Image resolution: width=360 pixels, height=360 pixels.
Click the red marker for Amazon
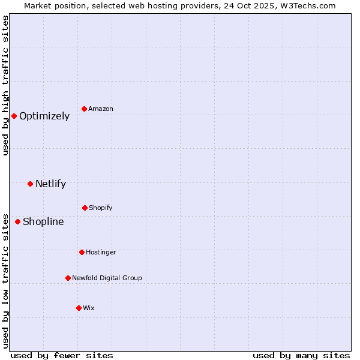click(x=84, y=109)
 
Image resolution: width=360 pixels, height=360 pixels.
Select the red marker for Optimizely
click(x=14, y=116)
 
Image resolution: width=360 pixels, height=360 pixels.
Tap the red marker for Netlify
click(x=30, y=184)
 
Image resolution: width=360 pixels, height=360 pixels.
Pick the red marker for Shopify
click(x=85, y=208)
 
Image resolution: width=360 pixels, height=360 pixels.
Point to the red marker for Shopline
click(x=17, y=221)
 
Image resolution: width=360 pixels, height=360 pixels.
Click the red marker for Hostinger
click(x=82, y=252)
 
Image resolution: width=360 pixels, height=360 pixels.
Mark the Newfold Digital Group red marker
click(x=68, y=278)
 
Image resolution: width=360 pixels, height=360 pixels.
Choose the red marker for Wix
click(x=79, y=308)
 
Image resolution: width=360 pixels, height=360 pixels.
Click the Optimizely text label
click(x=44, y=116)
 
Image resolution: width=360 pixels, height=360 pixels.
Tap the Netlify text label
click(x=50, y=184)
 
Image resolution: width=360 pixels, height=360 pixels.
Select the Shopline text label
click(x=43, y=222)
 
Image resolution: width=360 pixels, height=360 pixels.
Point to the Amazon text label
click(x=101, y=109)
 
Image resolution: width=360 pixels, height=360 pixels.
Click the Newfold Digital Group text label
click(x=107, y=278)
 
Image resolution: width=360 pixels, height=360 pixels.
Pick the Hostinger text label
click(x=101, y=253)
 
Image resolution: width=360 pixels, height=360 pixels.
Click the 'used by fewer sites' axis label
click(x=62, y=355)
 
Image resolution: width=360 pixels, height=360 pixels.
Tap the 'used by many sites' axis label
click(x=301, y=355)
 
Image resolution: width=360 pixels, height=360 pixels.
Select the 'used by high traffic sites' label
click(x=5, y=85)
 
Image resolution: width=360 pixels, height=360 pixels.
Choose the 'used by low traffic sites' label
click(x=5, y=280)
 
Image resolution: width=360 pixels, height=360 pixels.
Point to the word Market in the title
click(x=38, y=5)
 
